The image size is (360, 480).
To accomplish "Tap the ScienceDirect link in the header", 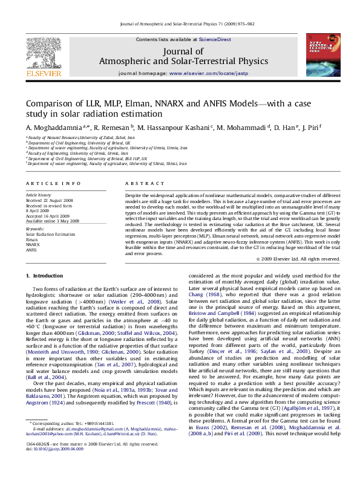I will click(x=215, y=39).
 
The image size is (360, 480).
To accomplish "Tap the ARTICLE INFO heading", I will click(x=53, y=183).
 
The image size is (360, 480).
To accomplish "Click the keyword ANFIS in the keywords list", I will click(x=32, y=250).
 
